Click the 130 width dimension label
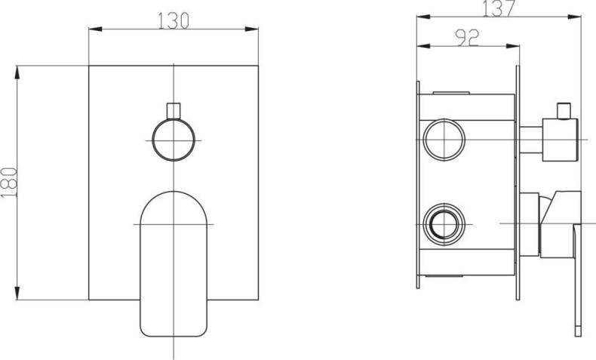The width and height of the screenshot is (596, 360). point(173,21)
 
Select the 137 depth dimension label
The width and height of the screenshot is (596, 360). point(499,8)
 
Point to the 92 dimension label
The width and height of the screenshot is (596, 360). point(468,38)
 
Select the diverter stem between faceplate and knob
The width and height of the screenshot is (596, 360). point(531,140)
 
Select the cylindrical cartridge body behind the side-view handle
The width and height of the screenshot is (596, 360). point(528,224)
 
